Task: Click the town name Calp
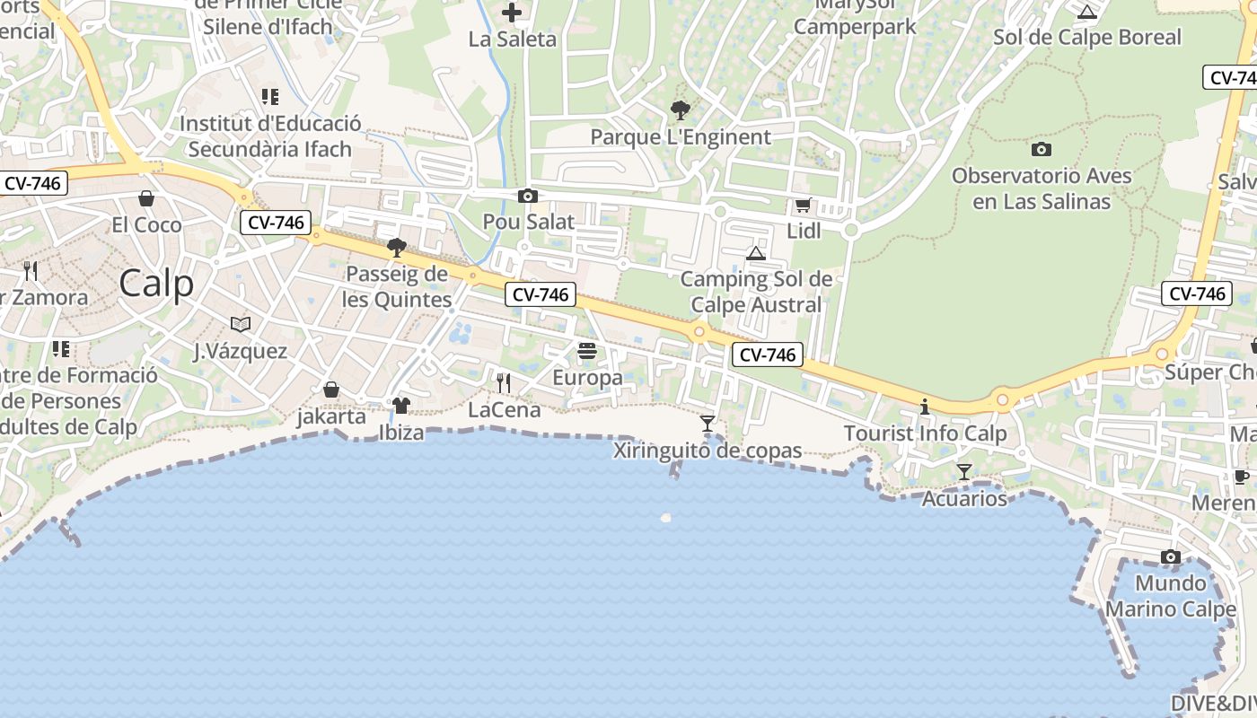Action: coord(156,284)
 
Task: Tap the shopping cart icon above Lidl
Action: coord(803,206)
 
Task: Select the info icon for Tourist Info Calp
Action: coord(925,407)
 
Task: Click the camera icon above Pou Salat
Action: coord(528,197)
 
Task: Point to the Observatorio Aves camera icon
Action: coord(1042,150)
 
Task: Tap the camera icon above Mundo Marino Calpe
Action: coord(1170,557)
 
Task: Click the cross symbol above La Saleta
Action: coord(512,13)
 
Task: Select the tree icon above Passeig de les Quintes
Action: coord(396,248)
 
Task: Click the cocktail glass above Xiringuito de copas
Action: coord(708,424)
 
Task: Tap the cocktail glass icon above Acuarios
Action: coord(964,472)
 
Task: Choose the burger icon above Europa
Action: coord(587,351)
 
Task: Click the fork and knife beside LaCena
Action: coord(504,383)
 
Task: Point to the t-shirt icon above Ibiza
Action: coord(400,406)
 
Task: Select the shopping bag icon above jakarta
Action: coord(331,390)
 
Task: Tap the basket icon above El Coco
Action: coord(146,198)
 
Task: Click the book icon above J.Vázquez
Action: coord(241,324)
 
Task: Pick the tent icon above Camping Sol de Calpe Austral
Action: coord(756,253)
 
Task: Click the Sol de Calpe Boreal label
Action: coord(1087,38)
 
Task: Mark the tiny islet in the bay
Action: coord(665,518)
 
